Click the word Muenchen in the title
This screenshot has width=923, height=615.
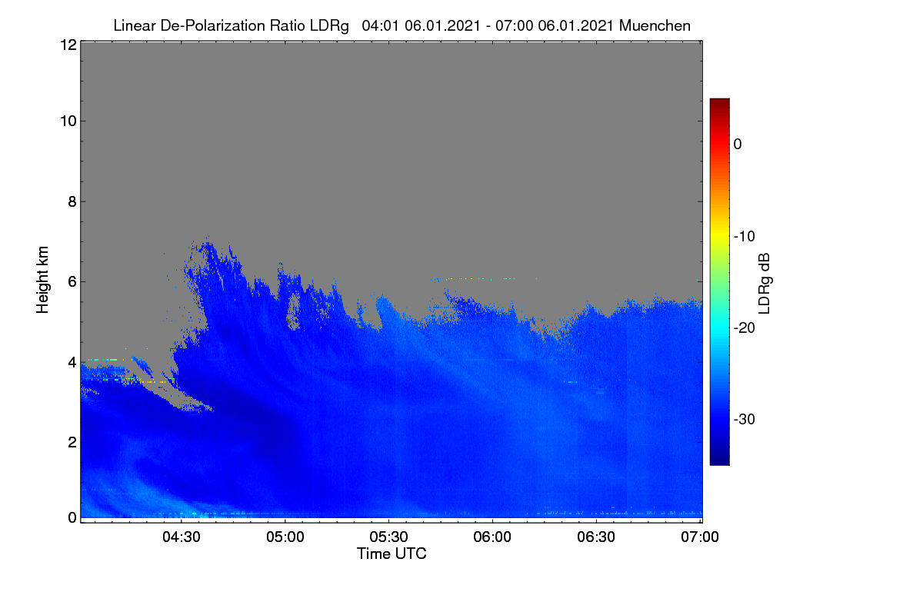pyautogui.click(x=655, y=25)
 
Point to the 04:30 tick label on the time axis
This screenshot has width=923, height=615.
pyautogui.click(x=182, y=537)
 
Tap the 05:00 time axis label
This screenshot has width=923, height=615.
pyautogui.click(x=285, y=537)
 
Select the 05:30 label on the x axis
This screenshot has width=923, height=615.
pyautogui.click(x=388, y=537)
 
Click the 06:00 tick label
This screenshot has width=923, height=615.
pyautogui.click(x=492, y=537)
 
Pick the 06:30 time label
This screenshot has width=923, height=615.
pyautogui.click(x=596, y=537)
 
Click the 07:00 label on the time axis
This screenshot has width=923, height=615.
pyautogui.click(x=700, y=537)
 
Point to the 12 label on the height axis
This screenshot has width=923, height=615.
pyautogui.click(x=68, y=45)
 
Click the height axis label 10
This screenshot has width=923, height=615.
pyautogui.click(x=68, y=121)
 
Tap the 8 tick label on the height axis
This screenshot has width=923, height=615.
pyautogui.click(x=72, y=201)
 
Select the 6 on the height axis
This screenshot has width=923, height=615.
pyautogui.click(x=72, y=282)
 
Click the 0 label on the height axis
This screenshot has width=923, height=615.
pyautogui.click(x=72, y=517)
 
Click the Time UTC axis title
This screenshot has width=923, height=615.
pyautogui.click(x=392, y=553)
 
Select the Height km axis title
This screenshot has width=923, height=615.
pyautogui.click(x=42, y=280)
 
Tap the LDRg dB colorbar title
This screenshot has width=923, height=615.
pyautogui.click(x=765, y=284)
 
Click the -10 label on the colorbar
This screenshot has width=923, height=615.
pyautogui.click(x=745, y=237)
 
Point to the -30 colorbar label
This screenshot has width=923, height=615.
pyautogui.click(x=745, y=419)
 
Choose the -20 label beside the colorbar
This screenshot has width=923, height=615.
pyautogui.click(x=745, y=328)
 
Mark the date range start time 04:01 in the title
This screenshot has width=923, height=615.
pyautogui.click(x=380, y=25)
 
